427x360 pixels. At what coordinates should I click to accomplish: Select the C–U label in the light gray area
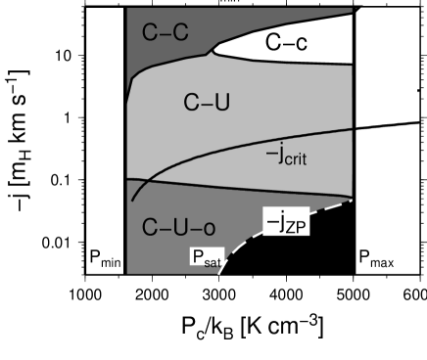click(207, 102)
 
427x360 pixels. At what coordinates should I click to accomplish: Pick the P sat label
click(206, 259)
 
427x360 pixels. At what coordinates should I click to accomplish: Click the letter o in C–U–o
click(208, 230)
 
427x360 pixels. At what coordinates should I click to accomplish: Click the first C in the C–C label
click(150, 33)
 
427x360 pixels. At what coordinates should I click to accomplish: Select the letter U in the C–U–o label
click(179, 229)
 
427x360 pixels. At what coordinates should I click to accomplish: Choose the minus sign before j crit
click(269, 154)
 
